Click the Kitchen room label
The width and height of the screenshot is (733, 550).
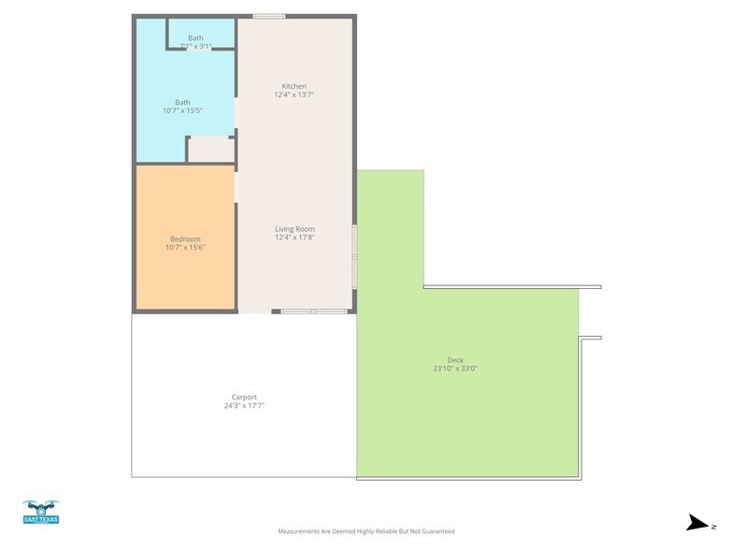coord(294,86)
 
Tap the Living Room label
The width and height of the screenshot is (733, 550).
coord(295,229)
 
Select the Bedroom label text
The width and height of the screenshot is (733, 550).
coord(185,239)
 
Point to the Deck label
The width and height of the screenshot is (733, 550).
coord(455,360)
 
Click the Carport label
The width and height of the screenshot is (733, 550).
coord(244,398)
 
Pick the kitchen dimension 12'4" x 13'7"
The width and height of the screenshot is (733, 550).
coord(294,95)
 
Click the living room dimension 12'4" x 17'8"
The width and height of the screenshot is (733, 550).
coord(295,238)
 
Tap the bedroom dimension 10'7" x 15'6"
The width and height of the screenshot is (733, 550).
coord(185,248)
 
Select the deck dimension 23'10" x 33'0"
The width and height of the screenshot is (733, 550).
coord(455,369)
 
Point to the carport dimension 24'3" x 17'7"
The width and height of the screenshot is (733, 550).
coord(244,406)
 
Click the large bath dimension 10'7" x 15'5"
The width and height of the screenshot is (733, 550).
coord(182,110)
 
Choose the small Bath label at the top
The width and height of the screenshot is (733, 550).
coord(195,37)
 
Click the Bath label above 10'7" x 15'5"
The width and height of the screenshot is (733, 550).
coord(182,102)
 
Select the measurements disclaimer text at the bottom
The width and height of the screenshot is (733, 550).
coord(366,531)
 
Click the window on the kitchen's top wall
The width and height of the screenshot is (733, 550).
coord(269,16)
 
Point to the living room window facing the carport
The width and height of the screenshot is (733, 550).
coord(314,311)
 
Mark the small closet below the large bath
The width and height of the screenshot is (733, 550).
coord(210,150)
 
